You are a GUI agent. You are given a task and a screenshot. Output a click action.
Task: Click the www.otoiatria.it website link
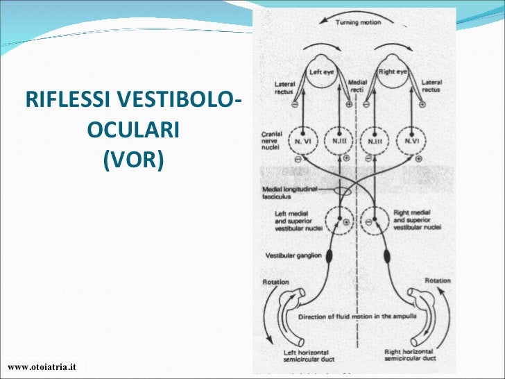(42, 366)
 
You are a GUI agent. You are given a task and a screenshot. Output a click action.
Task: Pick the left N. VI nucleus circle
(306, 141)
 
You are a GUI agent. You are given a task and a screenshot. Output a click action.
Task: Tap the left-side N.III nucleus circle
(340, 141)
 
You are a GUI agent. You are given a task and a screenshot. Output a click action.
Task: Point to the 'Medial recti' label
(358, 85)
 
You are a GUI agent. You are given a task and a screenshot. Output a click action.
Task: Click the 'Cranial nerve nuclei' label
(271, 141)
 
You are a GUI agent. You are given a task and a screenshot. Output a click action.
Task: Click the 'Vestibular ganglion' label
(293, 255)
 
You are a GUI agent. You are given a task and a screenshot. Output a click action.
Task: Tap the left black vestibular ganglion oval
(329, 256)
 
